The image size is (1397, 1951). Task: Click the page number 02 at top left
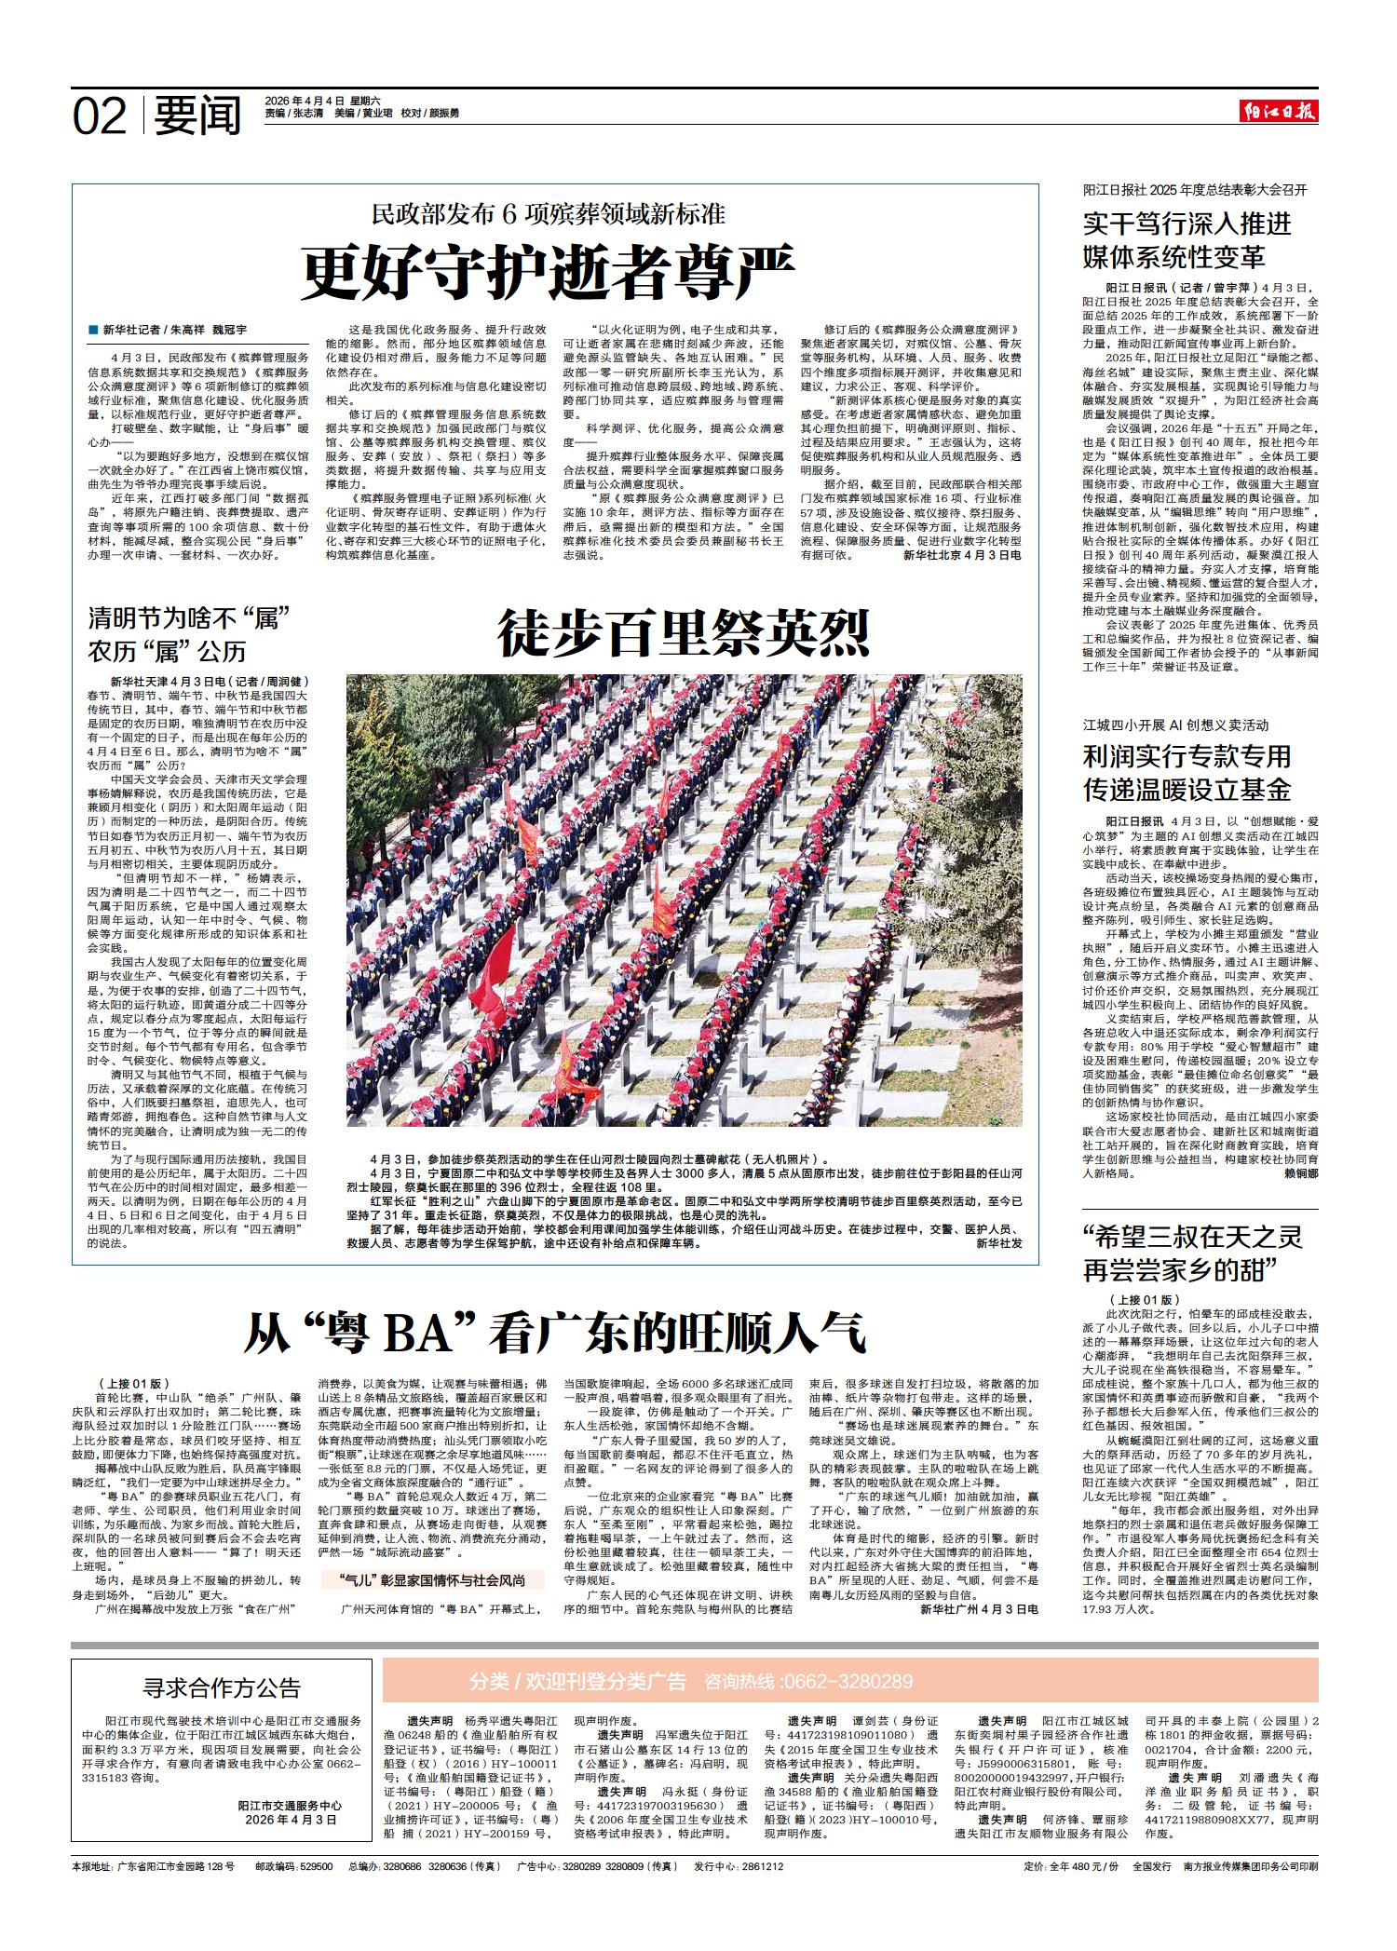(x=100, y=116)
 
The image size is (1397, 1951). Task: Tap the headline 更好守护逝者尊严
(x=549, y=270)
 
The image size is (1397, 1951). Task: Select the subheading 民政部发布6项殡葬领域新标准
(x=549, y=214)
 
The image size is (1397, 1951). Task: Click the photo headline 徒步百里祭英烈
(x=684, y=633)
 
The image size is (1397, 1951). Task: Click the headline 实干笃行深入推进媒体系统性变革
(x=1187, y=240)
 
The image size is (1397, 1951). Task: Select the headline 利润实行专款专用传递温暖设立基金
(x=1187, y=773)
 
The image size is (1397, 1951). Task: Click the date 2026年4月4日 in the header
(x=305, y=101)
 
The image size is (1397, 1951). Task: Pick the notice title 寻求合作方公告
(x=222, y=1687)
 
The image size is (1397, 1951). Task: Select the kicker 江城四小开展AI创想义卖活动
(x=1175, y=725)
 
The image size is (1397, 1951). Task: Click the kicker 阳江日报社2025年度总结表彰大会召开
(x=1195, y=190)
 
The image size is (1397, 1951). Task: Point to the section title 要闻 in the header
(x=197, y=116)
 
